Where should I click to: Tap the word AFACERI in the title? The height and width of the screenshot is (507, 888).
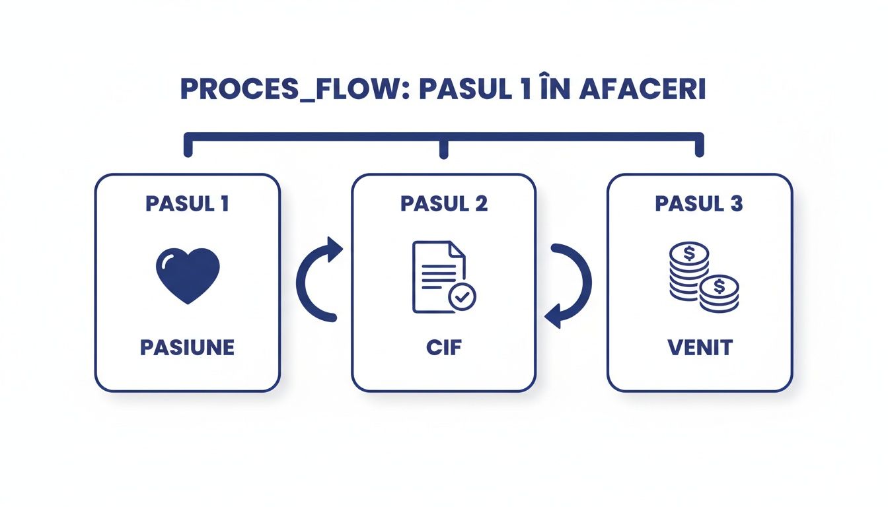point(642,90)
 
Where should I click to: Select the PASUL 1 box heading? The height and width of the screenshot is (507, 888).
point(187,204)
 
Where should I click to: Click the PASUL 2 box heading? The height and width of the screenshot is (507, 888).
point(443,204)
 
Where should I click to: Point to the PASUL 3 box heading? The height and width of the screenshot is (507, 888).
point(699,204)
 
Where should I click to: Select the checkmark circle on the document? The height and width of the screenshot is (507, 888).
point(462,297)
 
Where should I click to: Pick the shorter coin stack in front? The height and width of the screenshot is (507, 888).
point(719,294)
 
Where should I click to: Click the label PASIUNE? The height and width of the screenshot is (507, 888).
point(187,348)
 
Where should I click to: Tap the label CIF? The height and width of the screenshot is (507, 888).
point(443,348)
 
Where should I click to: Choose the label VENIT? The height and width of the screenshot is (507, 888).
point(699,348)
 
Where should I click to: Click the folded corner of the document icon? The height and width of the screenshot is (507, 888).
point(457,250)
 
